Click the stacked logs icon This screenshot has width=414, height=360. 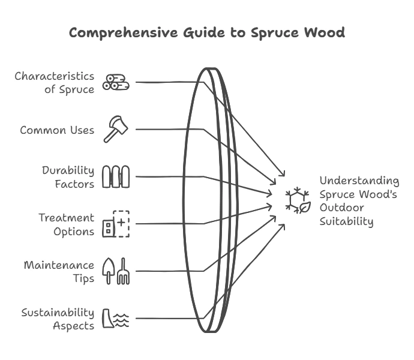click(x=115, y=82)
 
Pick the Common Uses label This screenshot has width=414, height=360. click(x=57, y=130)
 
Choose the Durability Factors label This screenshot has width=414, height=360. click(x=68, y=177)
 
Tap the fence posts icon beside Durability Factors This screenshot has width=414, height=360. click(x=116, y=177)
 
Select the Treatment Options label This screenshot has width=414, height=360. click(x=66, y=224)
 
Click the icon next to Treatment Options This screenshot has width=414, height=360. click(x=116, y=224)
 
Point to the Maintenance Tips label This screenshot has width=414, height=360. click(x=59, y=271)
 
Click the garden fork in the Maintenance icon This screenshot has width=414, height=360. click(x=124, y=271)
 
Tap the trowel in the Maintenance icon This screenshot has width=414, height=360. click(x=109, y=271)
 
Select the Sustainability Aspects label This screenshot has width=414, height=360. click(x=58, y=319)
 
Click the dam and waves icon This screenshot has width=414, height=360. click(x=116, y=318)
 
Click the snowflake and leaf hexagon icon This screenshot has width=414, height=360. click(x=297, y=201)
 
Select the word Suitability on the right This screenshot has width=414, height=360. click(x=346, y=222)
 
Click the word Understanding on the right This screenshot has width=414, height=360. click(x=359, y=181)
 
